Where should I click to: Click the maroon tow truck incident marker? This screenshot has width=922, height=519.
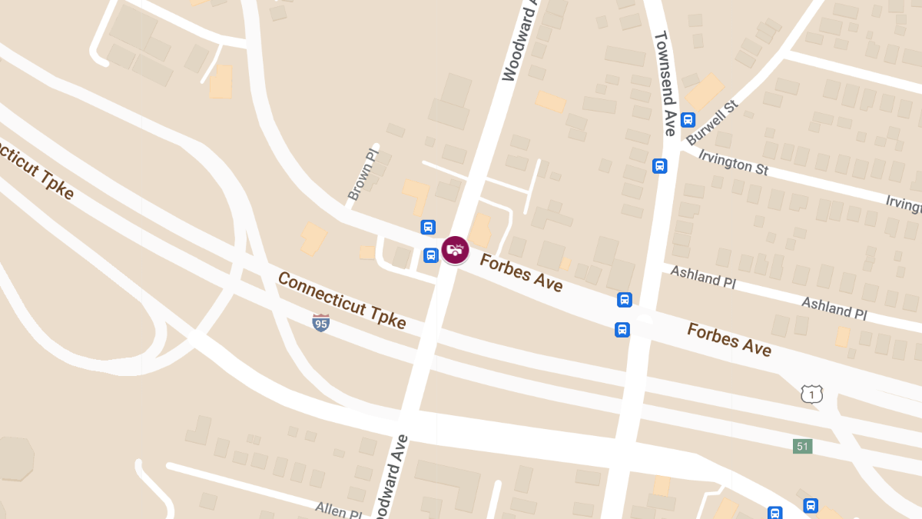tap(455, 250)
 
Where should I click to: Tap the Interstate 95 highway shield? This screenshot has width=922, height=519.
tap(321, 323)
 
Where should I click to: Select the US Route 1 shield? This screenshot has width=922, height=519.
tap(811, 394)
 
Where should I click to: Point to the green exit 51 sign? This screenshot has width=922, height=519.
tap(802, 446)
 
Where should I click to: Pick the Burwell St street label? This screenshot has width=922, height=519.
tap(711, 122)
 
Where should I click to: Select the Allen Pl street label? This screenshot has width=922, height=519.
tap(338, 509)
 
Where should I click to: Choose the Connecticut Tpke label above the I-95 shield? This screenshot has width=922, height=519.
tap(342, 300)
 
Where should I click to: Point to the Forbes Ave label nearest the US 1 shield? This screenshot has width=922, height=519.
tap(728, 339)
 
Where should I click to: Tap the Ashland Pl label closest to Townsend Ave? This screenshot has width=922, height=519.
tap(703, 276)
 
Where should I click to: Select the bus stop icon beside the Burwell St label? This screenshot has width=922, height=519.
tap(688, 119)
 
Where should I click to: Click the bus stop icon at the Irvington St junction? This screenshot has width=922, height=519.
tap(659, 165)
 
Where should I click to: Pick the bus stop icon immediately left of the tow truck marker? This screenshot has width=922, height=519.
tap(431, 255)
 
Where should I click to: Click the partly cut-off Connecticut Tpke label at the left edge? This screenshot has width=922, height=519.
tap(37, 168)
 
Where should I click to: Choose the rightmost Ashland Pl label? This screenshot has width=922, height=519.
tap(834, 308)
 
